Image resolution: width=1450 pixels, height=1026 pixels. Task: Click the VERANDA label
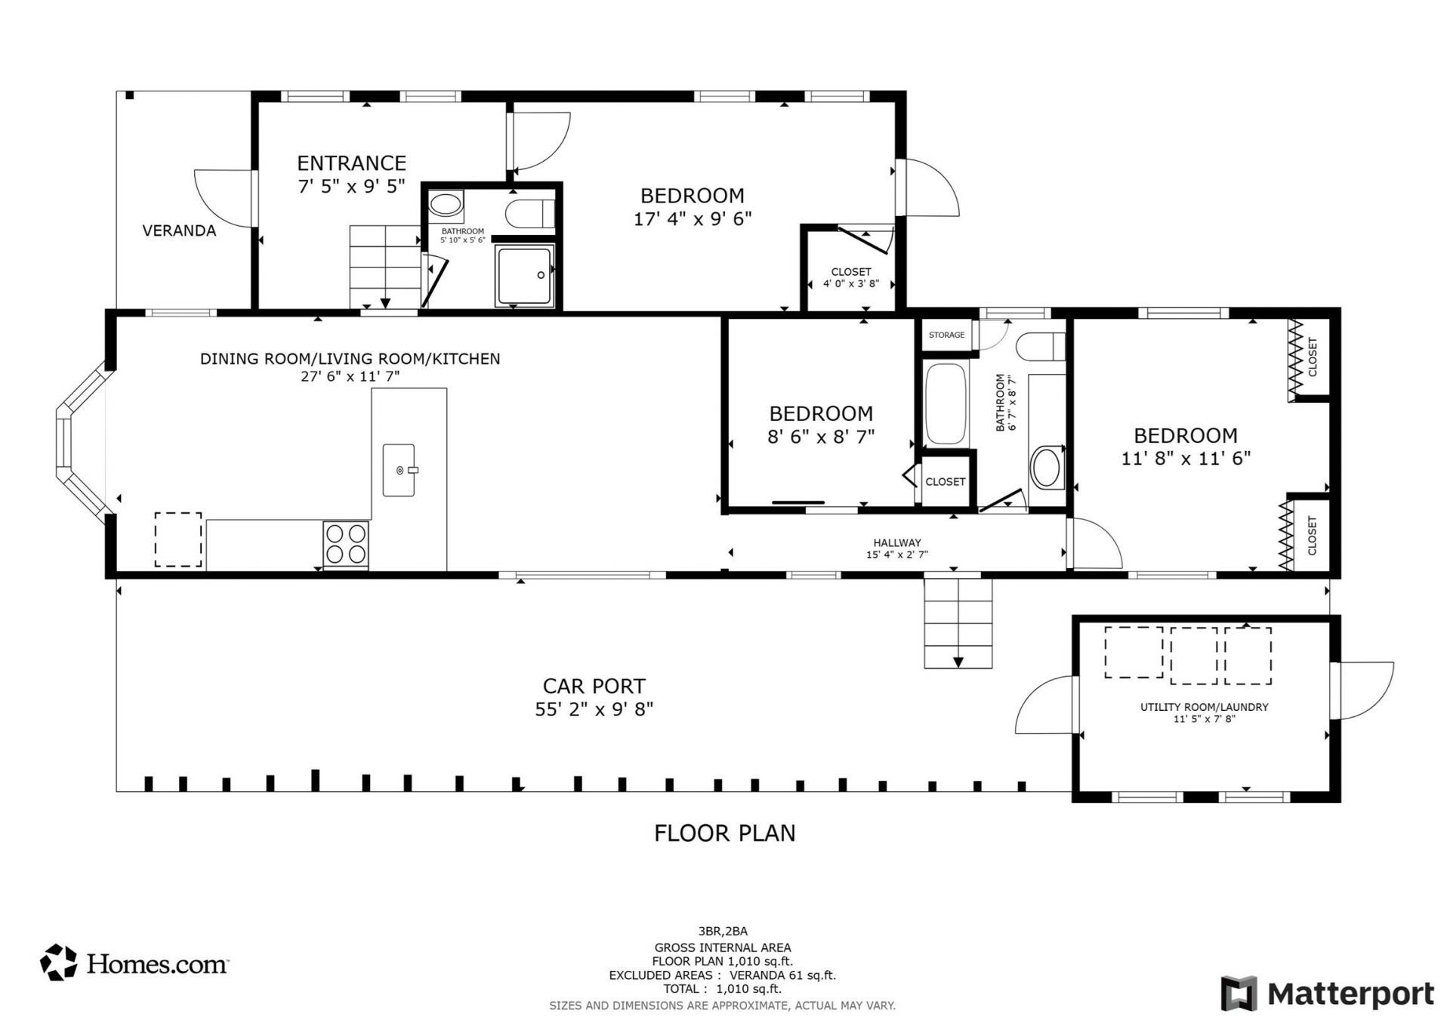click(179, 231)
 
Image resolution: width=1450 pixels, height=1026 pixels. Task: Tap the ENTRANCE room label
click(351, 163)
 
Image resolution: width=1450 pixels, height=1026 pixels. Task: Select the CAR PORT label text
click(594, 686)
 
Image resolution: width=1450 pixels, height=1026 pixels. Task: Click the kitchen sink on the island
click(399, 470)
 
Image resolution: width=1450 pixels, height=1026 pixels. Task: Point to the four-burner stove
click(346, 544)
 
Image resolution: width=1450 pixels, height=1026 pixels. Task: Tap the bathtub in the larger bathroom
click(946, 404)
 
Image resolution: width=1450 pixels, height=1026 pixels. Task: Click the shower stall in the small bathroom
click(525, 275)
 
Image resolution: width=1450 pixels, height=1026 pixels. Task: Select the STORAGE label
click(946, 335)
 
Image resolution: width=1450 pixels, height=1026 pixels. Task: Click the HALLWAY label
click(897, 542)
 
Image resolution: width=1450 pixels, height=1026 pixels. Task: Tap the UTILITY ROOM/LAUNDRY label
click(1204, 707)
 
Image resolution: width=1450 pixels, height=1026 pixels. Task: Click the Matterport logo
click(1327, 994)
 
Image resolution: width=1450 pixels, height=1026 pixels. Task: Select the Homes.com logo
click(134, 963)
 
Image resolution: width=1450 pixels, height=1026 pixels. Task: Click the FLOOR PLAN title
click(724, 833)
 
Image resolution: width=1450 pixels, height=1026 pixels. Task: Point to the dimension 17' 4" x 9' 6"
click(693, 219)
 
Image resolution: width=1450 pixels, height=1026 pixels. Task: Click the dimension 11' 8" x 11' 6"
click(1186, 458)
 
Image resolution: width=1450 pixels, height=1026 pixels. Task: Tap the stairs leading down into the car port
click(958, 623)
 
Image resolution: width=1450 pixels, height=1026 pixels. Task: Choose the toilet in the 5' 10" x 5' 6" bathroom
click(530, 214)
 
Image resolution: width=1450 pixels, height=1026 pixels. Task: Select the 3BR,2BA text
click(723, 931)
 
